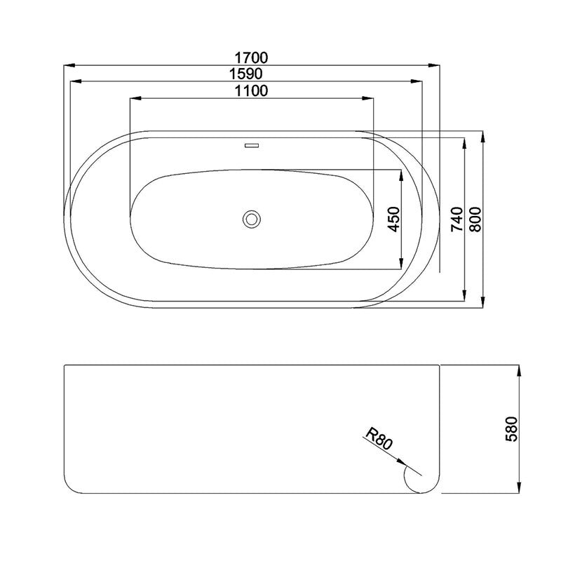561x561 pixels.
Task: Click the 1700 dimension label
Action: point(251,58)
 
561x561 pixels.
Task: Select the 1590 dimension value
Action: point(246,74)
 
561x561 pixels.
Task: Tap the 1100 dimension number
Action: point(251,91)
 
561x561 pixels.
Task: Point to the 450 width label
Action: point(393,219)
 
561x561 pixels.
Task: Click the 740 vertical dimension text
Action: point(457,219)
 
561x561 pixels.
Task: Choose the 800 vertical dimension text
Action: point(475,219)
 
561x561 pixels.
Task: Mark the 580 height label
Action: point(512,429)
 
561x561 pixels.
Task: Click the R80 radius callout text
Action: point(379,439)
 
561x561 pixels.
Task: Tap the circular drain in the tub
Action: point(252,219)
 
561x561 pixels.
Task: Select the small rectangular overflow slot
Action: point(252,146)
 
